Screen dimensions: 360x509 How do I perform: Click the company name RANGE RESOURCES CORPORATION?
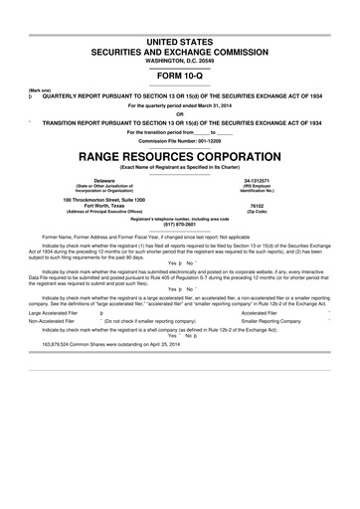[179, 158]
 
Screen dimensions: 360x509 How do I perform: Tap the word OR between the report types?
[179, 111]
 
